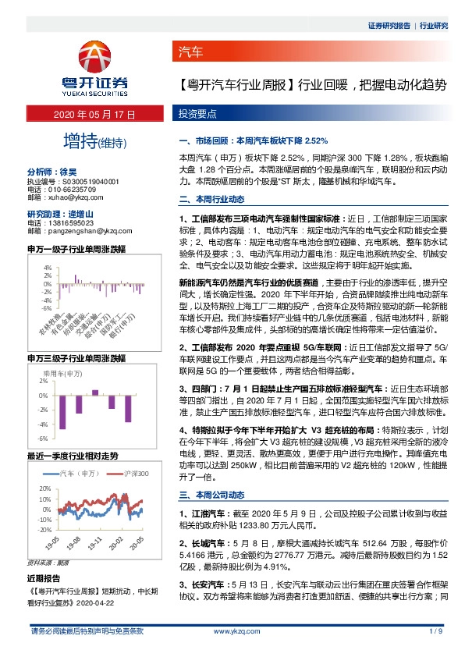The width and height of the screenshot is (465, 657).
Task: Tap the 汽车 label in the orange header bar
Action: [191, 53]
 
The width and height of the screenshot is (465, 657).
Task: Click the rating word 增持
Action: [81, 141]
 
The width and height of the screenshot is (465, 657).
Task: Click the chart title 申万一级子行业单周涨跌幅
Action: [76, 250]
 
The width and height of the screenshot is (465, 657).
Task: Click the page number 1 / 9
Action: [435, 631]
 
